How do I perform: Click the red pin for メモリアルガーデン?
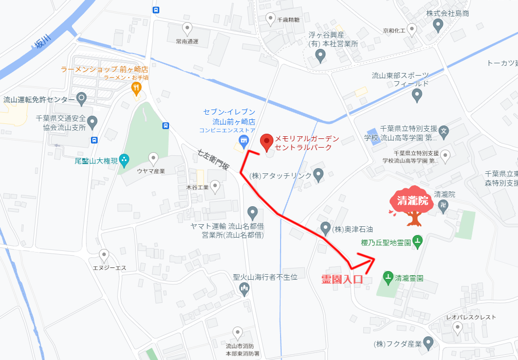pos(266,142)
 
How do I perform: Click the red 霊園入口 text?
pos(342,280)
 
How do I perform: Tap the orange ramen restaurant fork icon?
pos(136,88)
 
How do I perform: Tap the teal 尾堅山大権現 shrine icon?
pos(124,160)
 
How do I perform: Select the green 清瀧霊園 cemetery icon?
pos(388,278)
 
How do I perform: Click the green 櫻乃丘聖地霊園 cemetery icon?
pos(418,242)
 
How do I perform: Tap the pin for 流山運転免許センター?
pos(81,98)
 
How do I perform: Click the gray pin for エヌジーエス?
pos(104,254)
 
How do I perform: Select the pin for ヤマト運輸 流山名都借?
pos(252,211)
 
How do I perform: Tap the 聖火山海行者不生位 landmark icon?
pos(245,290)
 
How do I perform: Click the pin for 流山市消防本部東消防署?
pos(237,332)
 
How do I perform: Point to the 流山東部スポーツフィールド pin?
pos(417,95)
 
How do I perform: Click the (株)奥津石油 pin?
pos(325,227)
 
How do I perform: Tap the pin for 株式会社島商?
pos(438,24)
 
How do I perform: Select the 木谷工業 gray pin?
pos(215,186)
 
